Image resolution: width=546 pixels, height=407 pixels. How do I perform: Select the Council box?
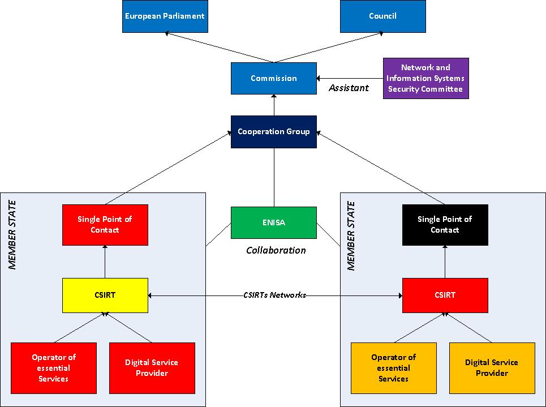click(382, 16)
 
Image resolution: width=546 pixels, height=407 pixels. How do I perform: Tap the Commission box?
click(273, 79)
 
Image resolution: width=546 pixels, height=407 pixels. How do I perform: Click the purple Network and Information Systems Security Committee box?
click(425, 79)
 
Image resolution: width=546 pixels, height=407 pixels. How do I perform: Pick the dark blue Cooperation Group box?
click(273, 132)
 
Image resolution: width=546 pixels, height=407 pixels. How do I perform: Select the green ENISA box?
click(273, 222)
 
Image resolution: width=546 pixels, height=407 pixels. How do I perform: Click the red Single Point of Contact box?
click(105, 225)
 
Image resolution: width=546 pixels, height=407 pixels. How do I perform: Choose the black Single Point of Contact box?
click(445, 225)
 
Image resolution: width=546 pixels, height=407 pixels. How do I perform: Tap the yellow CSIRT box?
click(105, 295)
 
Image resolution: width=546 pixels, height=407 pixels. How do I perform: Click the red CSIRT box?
click(445, 295)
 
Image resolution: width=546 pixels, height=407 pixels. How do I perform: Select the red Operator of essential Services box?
click(54, 368)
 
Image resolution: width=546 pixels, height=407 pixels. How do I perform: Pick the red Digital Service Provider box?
click(152, 368)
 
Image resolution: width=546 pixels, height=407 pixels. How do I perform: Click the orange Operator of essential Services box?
click(393, 368)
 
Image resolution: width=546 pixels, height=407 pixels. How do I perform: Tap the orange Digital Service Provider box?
click(492, 368)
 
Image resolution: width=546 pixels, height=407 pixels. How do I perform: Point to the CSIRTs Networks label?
click(275, 295)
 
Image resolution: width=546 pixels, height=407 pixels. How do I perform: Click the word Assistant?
click(349, 88)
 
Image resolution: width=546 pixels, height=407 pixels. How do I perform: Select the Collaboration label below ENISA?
click(276, 250)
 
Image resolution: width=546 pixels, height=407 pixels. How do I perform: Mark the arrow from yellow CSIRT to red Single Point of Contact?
click(105, 262)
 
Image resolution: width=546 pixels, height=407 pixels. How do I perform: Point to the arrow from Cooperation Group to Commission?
click(273, 105)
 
